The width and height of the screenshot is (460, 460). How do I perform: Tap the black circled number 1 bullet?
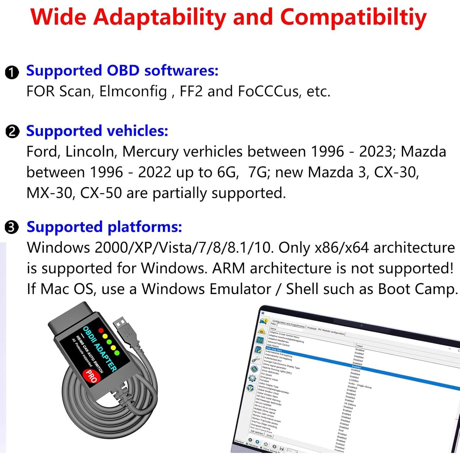pyautogui.click(x=12, y=72)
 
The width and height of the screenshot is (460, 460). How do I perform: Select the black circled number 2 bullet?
pyautogui.click(x=12, y=132)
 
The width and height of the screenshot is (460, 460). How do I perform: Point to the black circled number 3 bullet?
pyautogui.click(x=12, y=228)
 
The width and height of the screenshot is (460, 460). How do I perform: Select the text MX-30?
pyautogui.click(x=49, y=193)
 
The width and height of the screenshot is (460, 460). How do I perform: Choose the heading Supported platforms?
pyautogui.click(x=104, y=227)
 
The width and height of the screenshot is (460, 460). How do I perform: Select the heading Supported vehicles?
pyautogui.click(x=97, y=131)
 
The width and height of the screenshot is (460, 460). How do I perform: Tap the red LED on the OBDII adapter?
pyautogui.click(x=101, y=331)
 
